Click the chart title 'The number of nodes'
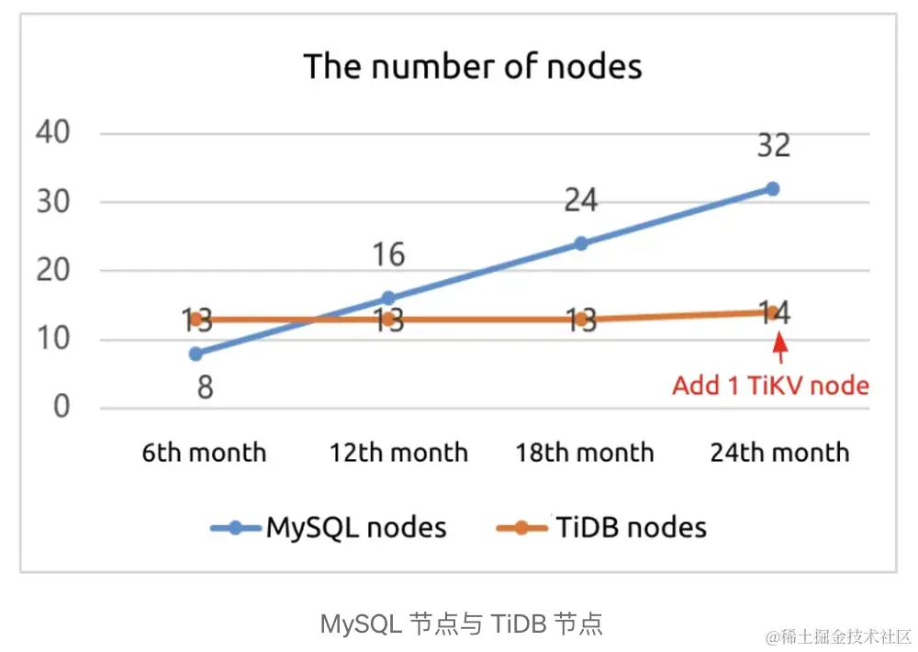(473, 67)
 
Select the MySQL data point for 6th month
(196, 354)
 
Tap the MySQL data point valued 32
(772, 188)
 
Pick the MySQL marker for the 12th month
(388, 298)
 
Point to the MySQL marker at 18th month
(580, 243)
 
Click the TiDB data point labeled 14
(772, 312)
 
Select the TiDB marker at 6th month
(196, 320)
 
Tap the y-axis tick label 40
(52, 133)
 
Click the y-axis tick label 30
(52, 202)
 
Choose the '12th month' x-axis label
(398, 453)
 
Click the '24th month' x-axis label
(780, 453)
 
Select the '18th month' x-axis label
(585, 453)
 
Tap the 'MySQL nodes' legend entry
(329, 527)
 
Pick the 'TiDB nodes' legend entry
(601, 527)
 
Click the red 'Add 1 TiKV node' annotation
(770, 385)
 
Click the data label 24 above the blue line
(580, 199)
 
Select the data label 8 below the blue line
(205, 387)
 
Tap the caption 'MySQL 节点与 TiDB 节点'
(461, 624)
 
